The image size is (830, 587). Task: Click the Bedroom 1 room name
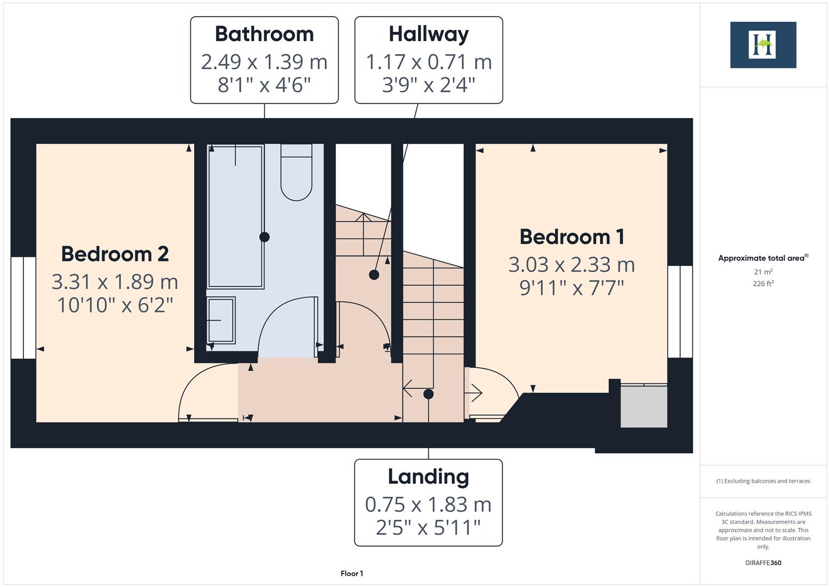pos(571,237)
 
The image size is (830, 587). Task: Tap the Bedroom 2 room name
pos(115,254)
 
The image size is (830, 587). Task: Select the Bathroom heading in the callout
pos(264,34)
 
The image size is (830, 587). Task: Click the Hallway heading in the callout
pos(428,34)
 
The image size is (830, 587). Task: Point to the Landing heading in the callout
pos(428,477)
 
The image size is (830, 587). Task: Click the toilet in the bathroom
pos(296,173)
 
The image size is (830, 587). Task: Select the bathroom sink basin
pos(221,320)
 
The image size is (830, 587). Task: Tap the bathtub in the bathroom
pos(235,216)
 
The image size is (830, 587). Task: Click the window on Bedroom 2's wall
pos(23,308)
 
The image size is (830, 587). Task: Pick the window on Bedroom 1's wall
pos(679,311)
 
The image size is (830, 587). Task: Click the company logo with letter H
pos(763,45)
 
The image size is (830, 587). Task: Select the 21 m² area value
pos(763,271)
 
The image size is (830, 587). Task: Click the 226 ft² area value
pos(763,284)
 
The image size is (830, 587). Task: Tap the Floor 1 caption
pos(352,573)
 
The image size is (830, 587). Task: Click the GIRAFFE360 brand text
pos(763,563)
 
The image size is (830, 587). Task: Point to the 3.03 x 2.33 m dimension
pos(571,265)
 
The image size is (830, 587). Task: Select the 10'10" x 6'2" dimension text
pos(115,305)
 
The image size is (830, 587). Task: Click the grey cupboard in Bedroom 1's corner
pos(644,406)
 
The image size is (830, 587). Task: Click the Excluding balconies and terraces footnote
pos(763,481)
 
